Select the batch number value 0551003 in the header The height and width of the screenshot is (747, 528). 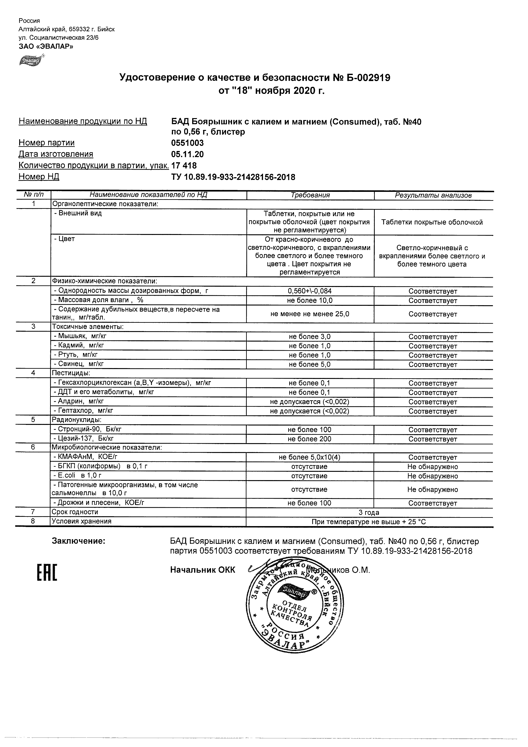click(187, 143)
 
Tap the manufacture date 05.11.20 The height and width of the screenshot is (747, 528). click(187, 154)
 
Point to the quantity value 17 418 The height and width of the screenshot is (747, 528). click(184, 166)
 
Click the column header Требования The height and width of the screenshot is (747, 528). click(310, 195)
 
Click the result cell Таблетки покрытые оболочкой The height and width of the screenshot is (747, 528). click(432, 222)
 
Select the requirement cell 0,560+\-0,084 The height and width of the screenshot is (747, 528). click(310, 291)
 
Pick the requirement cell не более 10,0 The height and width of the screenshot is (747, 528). click(310, 301)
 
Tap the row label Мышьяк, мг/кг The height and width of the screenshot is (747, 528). click(80, 336)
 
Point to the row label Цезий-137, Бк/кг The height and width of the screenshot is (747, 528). click(84, 439)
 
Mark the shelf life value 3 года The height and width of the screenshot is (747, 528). click(369, 512)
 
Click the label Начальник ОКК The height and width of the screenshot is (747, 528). click(202, 570)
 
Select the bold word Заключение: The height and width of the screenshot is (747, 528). click(79, 541)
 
